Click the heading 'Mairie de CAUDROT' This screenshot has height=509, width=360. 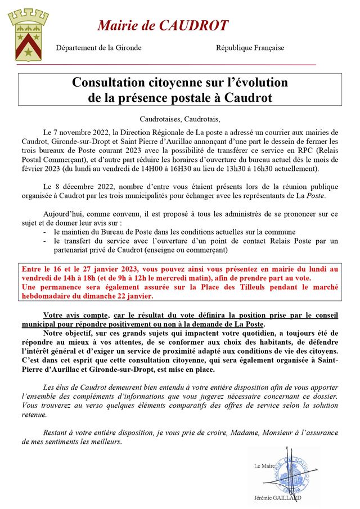coord(163,25)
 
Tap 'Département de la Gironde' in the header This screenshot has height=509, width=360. coord(98,48)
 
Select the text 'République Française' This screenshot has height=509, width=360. coord(250,48)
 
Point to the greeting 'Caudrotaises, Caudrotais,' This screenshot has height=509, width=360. coord(180,119)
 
